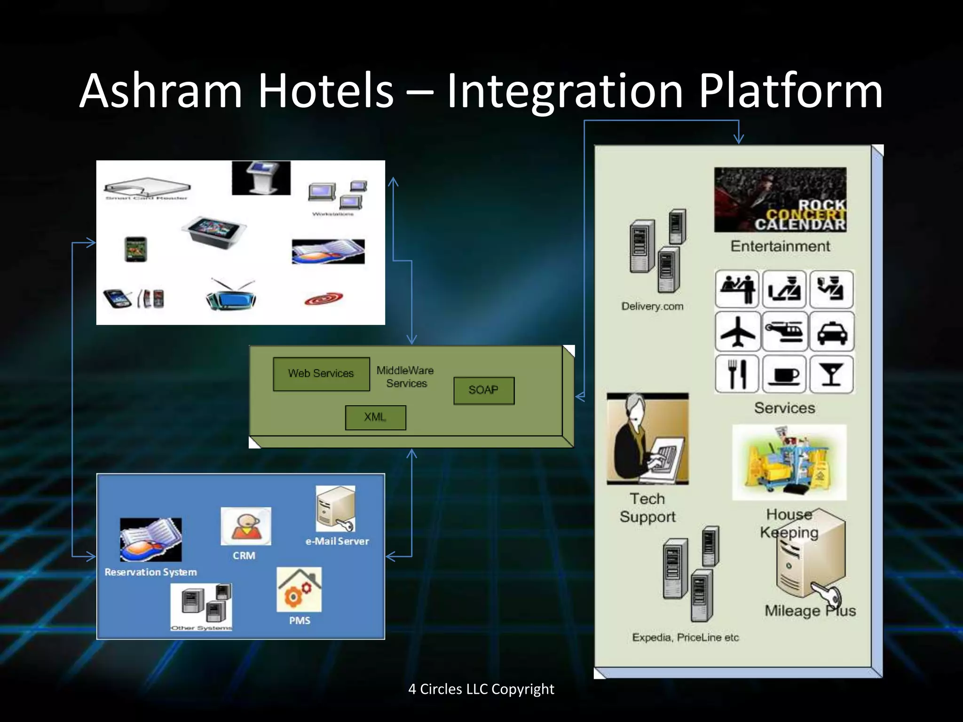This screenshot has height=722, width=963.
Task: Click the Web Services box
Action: pyautogui.click(x=321, y=374)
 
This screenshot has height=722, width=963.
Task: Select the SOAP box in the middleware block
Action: pyautogui.click(x=484, y=390)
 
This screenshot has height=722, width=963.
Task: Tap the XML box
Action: pyautogui.click(x=375, y=417)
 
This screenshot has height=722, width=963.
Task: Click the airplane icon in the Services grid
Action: pyautogui.click(x=737, y=332)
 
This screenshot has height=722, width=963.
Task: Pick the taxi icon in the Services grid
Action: pyautogui.click(x=832, y=332)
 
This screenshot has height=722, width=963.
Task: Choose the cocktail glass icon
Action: pyautogui.click(x=831, y=374)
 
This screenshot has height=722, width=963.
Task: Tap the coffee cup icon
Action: pyautogui.click(x=784, y=374)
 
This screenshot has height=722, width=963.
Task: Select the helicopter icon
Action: pyautogui.click(x=784, y=332)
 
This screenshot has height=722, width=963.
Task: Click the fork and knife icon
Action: pyautogui.click(x=737, y=374)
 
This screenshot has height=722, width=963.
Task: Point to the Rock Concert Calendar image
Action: pyautogui.click(x=780, y=200)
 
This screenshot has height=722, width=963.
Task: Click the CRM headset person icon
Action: pyautogui.click(x=245, y=526)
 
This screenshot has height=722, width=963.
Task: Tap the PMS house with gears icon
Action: pyautogui.click(x=299, y=589)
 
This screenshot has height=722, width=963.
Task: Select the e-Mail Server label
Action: pyautogui.click(x=337, y=541)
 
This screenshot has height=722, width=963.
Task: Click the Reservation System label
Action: pyautogui.click(x=150, y=572)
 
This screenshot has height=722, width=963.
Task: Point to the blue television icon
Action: pyautogui.click(x=231, y=296)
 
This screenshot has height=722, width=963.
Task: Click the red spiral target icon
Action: pyautogui.click(x=324, y=299)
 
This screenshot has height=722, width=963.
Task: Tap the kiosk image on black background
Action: pyautogui.click(x=261, y=178)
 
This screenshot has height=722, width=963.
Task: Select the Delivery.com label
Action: pyautogui.click(x=652, y=306)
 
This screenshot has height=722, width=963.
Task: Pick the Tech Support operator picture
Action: pyautogui.click(x=647, y=439)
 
